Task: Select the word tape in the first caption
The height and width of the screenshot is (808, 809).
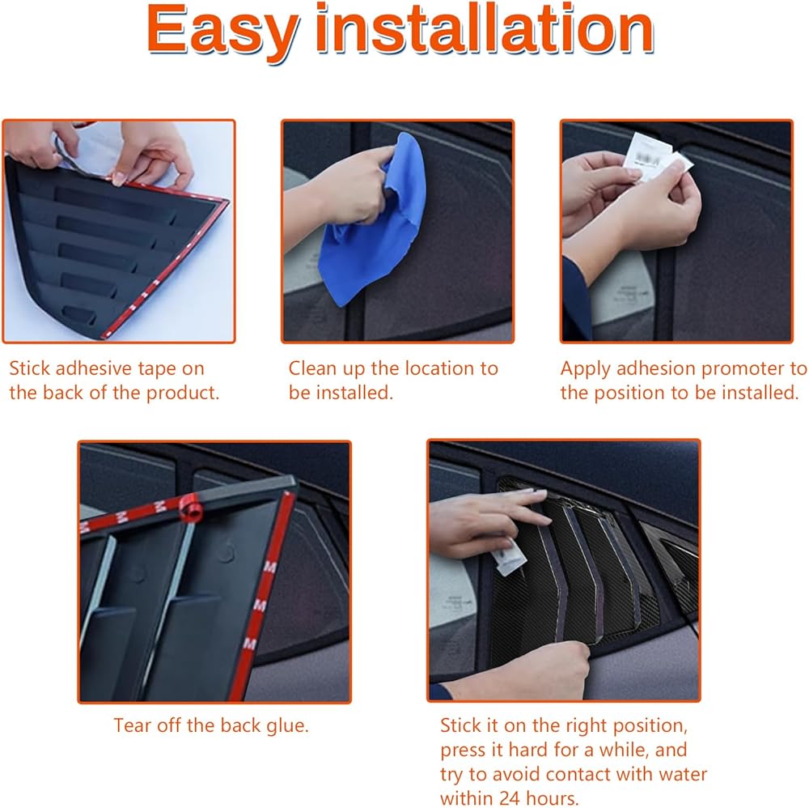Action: pos(157,369)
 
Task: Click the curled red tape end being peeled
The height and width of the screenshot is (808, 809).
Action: pos(190,508)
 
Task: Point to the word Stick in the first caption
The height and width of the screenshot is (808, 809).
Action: pos(30,368)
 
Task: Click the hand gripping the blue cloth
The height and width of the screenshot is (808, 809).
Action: pos(356,186)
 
